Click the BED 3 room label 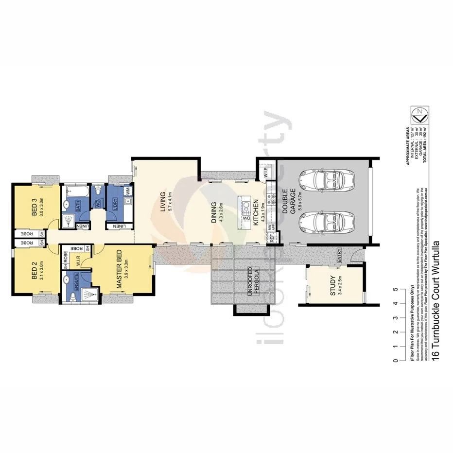point(35,207)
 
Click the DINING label point(214,213)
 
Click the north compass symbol point(420,116)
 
